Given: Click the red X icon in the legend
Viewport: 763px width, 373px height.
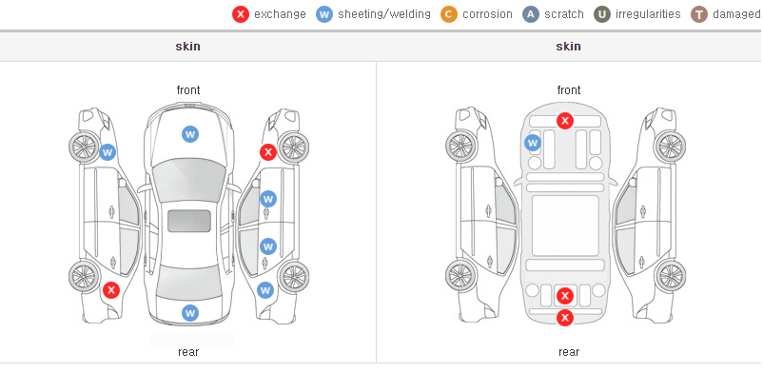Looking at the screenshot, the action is tap(241, 14).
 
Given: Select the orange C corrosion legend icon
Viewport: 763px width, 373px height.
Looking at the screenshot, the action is tap(449, 14).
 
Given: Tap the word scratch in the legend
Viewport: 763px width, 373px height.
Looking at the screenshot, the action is tap(564, 14).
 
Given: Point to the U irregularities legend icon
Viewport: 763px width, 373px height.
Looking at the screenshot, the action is tap(602, 14).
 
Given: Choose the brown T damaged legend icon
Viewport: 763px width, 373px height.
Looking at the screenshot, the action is tap(698, 14).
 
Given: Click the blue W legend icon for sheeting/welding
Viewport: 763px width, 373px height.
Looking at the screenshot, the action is tap(324, 14).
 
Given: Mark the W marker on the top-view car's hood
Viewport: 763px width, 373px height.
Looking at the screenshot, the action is tap(190, 134).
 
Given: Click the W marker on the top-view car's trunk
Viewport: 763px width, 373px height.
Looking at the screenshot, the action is tap(190, 313).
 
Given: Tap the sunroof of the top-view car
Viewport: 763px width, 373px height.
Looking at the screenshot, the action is tap(189, 221).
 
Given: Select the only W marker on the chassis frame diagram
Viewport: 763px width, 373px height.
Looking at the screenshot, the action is tap(533, 143).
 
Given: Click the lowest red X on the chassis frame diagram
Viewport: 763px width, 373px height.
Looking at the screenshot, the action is tap(565, 318).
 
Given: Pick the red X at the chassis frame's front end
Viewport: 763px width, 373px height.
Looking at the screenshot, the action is tap(565, 120).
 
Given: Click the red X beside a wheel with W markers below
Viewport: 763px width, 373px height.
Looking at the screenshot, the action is tap(267, 152).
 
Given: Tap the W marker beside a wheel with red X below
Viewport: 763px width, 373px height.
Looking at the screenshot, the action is tap(108, 152).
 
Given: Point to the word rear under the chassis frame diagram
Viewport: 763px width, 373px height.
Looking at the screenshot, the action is tap(569, 352).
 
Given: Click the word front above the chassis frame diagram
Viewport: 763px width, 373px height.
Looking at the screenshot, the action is tap(569, 90).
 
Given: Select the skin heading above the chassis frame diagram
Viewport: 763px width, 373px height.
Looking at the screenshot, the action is tap(568, 47).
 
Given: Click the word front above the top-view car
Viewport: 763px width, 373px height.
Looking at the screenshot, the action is tap(188, 90).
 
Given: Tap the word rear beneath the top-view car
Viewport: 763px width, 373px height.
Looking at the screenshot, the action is tap(188, 352).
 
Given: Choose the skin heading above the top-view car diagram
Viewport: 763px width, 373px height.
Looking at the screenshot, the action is tap(187, 47).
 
